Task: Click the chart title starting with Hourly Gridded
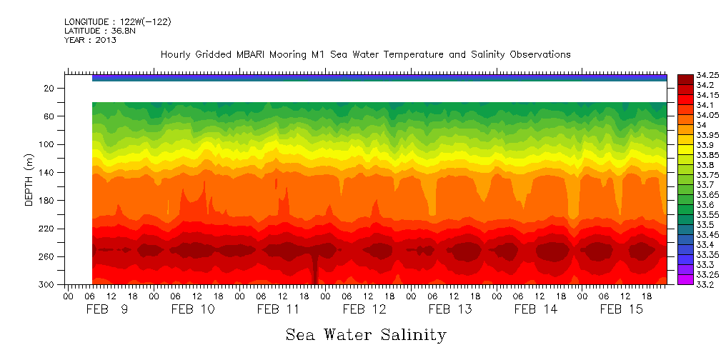point(365,54)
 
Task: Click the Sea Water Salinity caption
point(366,334)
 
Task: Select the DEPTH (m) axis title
point(29,183)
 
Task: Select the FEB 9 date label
point(107,309)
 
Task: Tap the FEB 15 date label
point(622,309)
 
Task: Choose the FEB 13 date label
point(450,309)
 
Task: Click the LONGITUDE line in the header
point(117,21)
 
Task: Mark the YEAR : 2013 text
point(90,40)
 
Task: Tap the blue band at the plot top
point(379,78)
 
